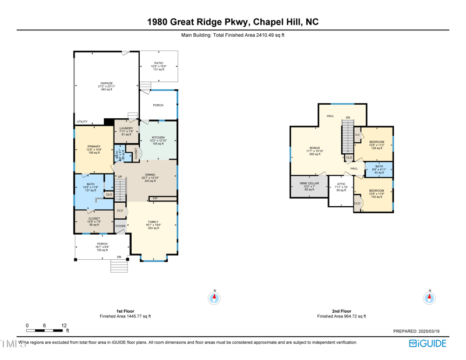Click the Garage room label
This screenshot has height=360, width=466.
[x=107, y=83]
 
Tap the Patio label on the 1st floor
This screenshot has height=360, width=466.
[x=158, y=63]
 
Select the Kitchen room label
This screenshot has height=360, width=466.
[x=158, y=137]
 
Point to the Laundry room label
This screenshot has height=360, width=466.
[x=126, y=128]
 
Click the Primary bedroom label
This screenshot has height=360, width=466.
[x=94, y=147]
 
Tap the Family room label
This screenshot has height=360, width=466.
[x=153, y=222]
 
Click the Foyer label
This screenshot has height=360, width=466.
[x=120, y=226]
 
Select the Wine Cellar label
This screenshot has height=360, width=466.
[x=309, y=183]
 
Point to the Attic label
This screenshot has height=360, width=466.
[x=341, y=184]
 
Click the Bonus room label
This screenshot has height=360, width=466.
[x=315, y=148]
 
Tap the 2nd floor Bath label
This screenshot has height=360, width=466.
[x=379, y=167]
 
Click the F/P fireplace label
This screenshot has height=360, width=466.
[x=155, y=199]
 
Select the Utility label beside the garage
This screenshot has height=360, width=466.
[x=82, y=122]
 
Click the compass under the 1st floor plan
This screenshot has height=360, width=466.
[x=214, y=298]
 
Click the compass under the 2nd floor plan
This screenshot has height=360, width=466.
[x=429, y=298]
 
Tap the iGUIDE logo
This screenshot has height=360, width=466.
[x=427, y=343]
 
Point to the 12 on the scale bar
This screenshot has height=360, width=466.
[x=63, y=326]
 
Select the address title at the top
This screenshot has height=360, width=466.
[x=232, y=22]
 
